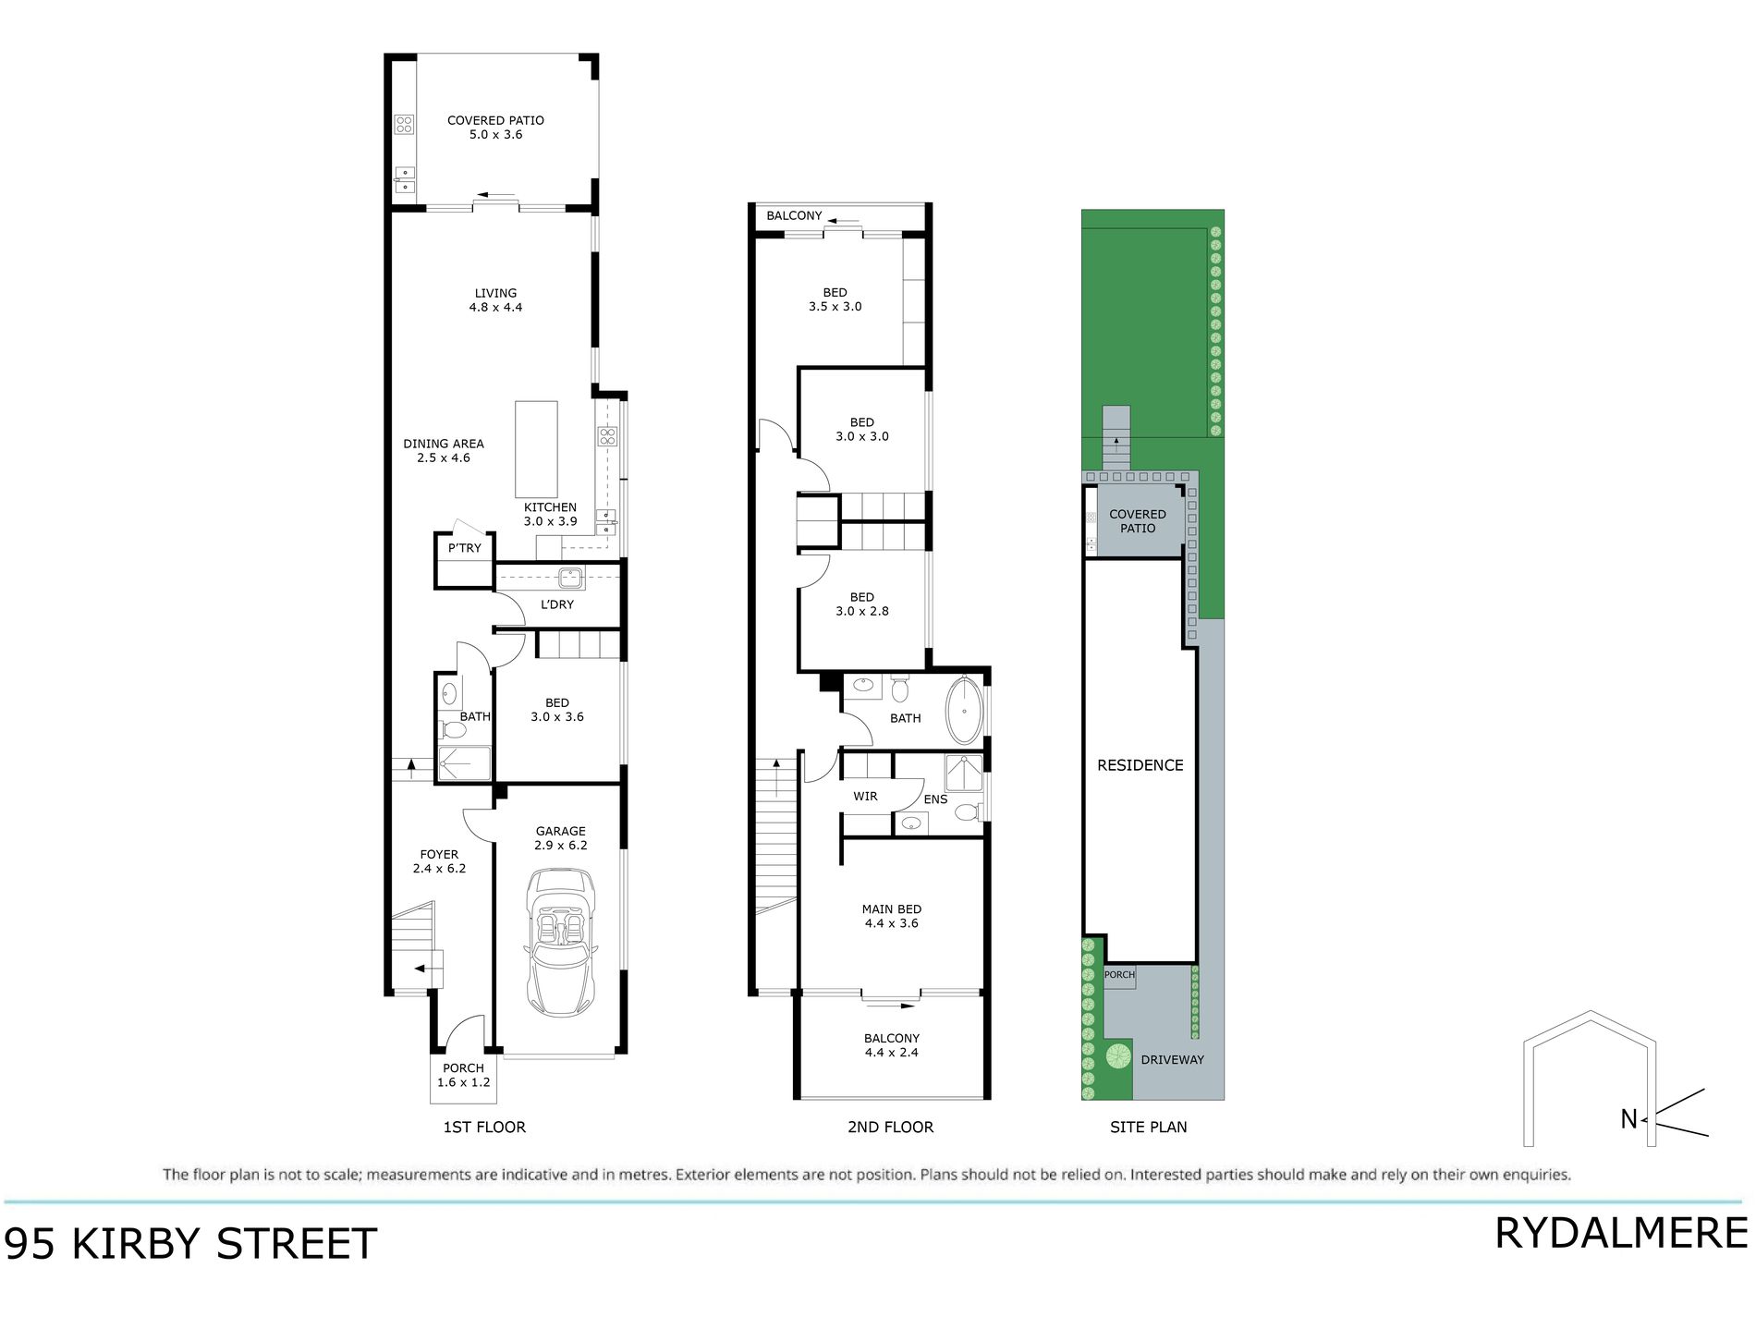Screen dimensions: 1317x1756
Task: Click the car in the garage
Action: [x=560, y=943]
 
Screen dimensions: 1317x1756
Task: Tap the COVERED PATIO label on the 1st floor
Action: [x=495, y=127]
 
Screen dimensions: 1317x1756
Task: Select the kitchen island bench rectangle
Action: [x=536, y=449]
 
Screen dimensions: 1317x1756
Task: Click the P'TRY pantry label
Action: [x=465, y=548]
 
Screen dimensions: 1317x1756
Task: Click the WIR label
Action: [x=865, y=797]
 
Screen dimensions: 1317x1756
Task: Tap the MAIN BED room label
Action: [x=891, y=916]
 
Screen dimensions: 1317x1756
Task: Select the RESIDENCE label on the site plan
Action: [x=1140, y=765]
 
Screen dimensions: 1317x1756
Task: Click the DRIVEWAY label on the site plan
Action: [x=1172, y=1060]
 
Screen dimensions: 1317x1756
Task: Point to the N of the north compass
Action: [x=1628, y=1119]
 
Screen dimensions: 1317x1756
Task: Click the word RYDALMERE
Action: [x=1621, y=1234]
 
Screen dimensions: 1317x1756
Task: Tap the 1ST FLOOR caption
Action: [x=484, y=1128]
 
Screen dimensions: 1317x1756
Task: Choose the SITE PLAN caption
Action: [x=1148, y=1128]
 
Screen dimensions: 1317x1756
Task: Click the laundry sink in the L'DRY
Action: [x=570, y=578]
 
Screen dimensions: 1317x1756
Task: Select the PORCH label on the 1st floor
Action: [x=463, y=1075]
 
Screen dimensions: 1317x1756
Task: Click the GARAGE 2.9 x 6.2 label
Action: [x=560, y=838]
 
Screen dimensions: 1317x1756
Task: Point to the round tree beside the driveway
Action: [x=1118, y=1055]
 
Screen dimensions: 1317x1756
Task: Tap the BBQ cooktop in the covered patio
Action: [x=404, y=124]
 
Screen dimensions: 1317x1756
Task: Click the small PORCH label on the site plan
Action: [x=1119, y=975]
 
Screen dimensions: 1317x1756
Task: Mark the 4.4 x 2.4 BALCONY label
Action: [x=891, y=1045]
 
